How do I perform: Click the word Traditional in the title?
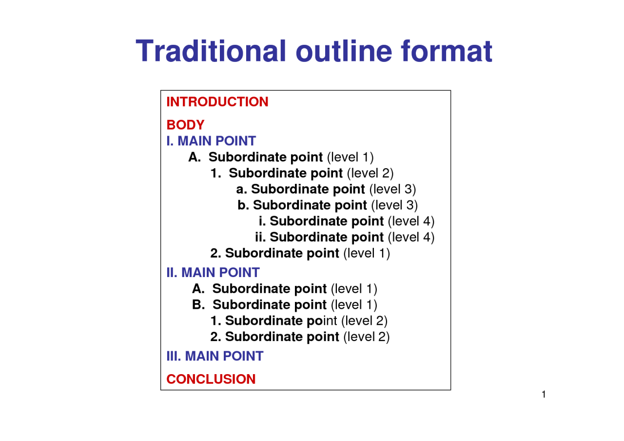tap(211, 51)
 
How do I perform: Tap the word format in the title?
tap(447, 51)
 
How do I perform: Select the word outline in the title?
tap(344, 51)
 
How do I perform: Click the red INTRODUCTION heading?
tap(217, 102)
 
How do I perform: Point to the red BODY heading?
tap(186, 125)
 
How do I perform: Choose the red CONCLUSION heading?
tap(211, 379)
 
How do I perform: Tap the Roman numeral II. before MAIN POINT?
tap(172, 272)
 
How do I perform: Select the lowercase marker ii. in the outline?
tap(260, 237)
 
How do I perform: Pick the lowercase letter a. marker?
tap(241, 189)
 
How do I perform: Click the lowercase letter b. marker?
tap(243, 205)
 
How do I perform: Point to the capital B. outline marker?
tap(198, 304)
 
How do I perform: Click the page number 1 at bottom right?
tap(544, 394)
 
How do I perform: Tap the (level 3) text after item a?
tap(392, 189)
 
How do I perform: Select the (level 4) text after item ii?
tap(411, 237)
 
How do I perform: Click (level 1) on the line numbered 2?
tap(367, 253)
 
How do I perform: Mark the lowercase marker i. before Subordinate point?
tap(262, 221)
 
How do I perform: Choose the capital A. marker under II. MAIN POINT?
tap(198, 288)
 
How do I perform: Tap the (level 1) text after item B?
tap(354, 305)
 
